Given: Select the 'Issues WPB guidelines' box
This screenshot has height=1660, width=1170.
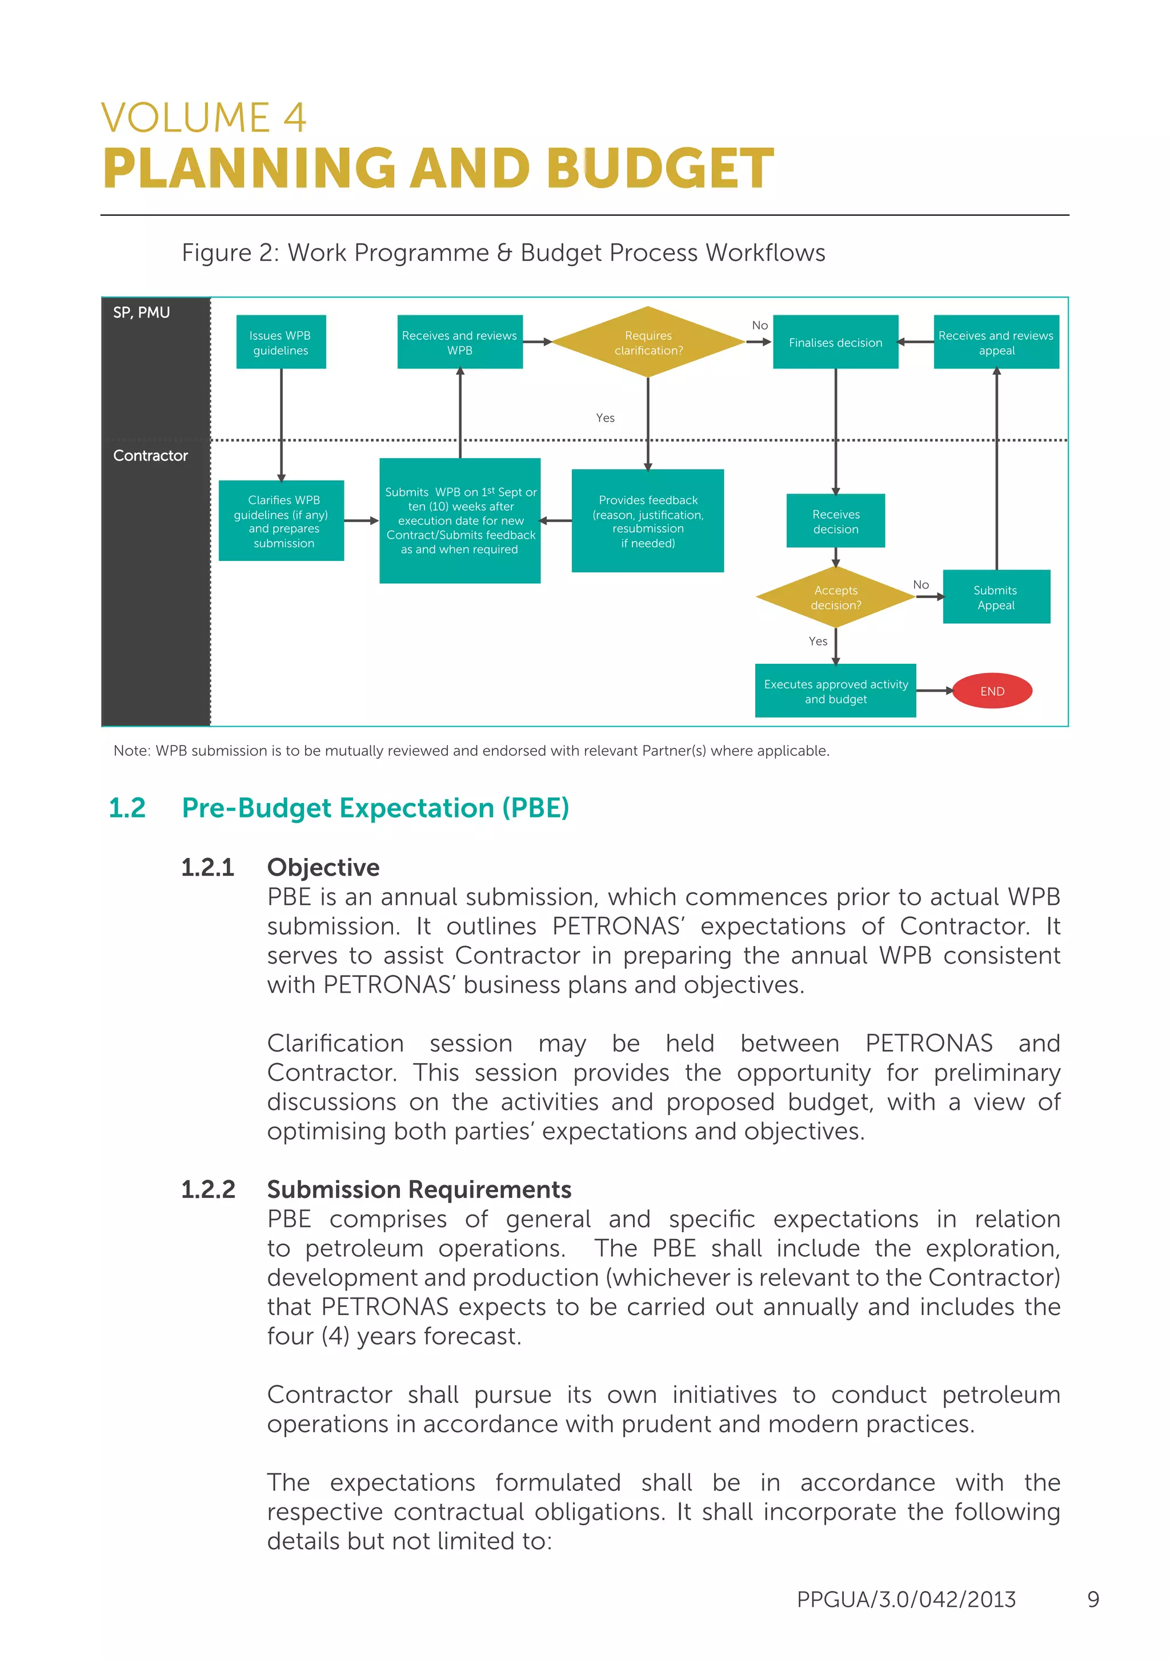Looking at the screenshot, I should click(x=281, y=342).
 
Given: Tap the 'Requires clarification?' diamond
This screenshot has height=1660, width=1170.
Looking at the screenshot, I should click(x=648, y=342).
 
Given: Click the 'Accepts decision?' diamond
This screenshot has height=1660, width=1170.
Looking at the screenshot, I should click(x=835, y=597).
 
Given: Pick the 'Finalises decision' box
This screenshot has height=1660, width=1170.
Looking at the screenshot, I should click(x=835, y=342).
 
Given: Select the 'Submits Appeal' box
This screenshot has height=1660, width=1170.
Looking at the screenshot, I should click(x=996, y=597).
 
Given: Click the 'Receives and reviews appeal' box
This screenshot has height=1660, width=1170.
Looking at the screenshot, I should click(x=996, y=342).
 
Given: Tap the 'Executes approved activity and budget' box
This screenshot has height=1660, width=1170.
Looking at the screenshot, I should click(x=835, y=691).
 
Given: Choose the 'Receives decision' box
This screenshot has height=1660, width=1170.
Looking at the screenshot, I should click(x=835, y=522).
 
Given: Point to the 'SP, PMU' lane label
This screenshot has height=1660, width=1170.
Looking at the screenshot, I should click(x=142, y=312).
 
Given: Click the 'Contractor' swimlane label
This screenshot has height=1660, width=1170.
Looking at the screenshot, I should click(x=150, y=455).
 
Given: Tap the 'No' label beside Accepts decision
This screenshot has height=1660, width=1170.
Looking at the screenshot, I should click(x=920, y=584).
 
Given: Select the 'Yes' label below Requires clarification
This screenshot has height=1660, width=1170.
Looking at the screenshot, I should click(x=605, y=418).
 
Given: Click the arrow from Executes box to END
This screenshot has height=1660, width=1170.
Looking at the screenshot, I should click(x=934, y=691).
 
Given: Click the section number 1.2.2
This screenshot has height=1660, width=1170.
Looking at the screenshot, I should click(x=209, y=1189).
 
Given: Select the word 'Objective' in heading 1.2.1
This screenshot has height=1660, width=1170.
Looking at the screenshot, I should click(x=323, y=867).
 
